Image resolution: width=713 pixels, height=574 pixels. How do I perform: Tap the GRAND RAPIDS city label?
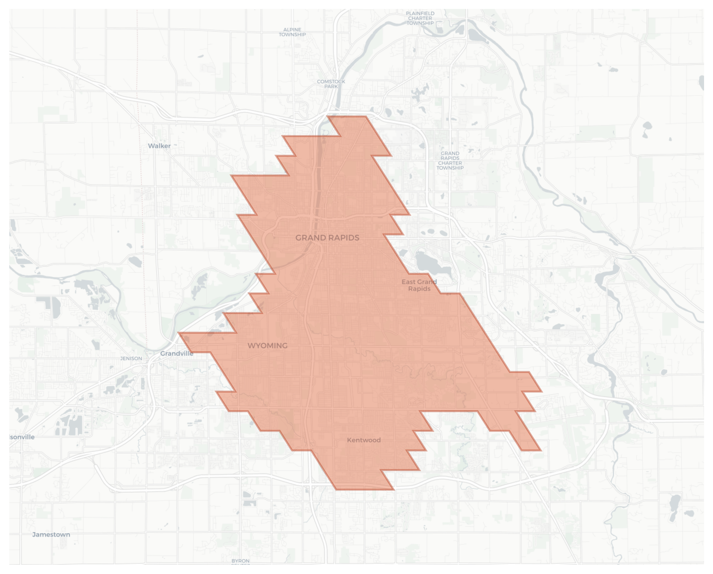[327, 238]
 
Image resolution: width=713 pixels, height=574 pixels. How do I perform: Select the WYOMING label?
[268, 346]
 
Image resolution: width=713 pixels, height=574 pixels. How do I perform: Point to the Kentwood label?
[364, 440]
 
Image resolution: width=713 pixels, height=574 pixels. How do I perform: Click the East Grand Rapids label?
[419, 285]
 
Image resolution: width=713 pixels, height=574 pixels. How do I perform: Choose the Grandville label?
[177, 354]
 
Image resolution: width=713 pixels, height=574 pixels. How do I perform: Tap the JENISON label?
[131, 358]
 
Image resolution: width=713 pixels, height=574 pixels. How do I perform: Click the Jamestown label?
[51, 534]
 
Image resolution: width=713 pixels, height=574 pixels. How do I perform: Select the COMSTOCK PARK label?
[331, 84]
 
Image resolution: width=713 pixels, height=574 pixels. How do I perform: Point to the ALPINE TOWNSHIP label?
[292, 32]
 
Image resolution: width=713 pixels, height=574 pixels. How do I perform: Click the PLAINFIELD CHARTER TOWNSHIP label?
[420, 18]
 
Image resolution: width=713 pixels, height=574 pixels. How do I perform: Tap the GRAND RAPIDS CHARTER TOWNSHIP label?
[450, 161]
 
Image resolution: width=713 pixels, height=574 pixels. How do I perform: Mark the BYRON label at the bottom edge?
[240, 561]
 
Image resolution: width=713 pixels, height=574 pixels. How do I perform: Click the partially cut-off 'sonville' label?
[22, 437]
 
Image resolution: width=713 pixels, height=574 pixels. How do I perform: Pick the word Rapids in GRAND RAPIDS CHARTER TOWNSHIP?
[450, 158]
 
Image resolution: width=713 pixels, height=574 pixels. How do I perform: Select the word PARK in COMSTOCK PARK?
[331, 87]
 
